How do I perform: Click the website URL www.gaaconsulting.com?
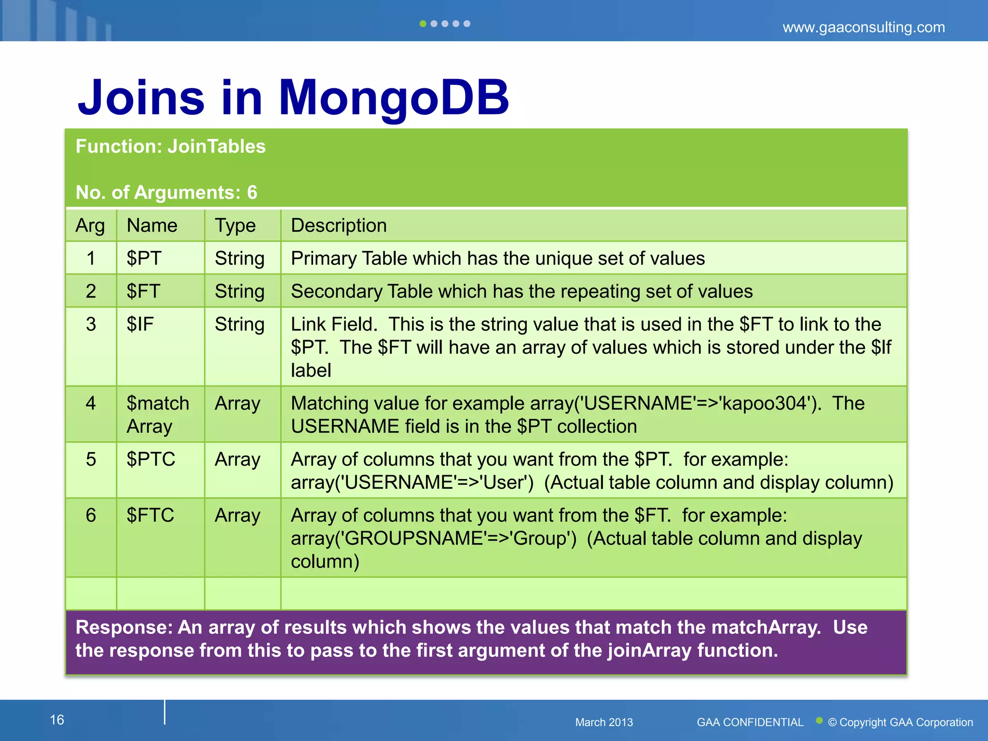pos(863,27)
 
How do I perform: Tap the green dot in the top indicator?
pos(423,24)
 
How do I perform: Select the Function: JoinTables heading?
pos(170,147)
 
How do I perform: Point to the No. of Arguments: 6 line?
pos(166,192)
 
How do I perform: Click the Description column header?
pos(339,226)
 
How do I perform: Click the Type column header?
pos(235,226)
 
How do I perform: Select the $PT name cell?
pos(144,259)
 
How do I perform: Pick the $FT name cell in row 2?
pos(143,291)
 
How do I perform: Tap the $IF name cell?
pos(140,324)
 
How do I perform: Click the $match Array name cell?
pos(157,414)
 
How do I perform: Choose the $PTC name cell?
pos(151,459)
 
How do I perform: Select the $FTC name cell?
pos(150,515)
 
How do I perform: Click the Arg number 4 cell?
pos(91,403)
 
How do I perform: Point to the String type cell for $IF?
pos(239,324)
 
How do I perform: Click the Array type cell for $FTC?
pos(237,515)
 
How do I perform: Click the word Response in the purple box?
pos(123,628)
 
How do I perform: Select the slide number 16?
pos(57,720)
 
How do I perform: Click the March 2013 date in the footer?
pos(604,722)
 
